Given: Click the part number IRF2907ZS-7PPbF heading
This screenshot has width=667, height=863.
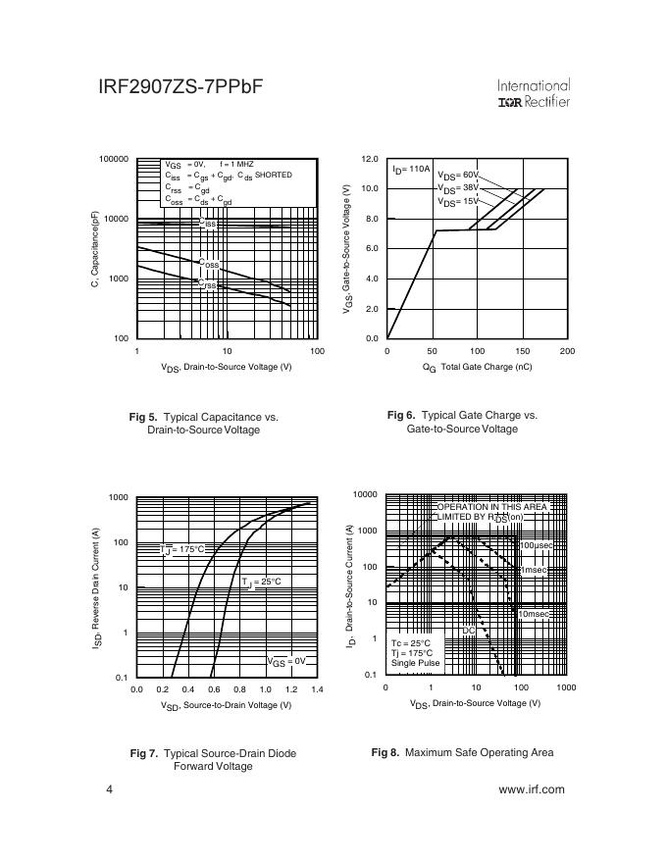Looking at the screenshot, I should coord(180,87).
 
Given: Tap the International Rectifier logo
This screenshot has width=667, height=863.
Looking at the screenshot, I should coord(534,94).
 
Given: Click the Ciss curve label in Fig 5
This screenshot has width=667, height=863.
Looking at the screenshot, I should coord(208,223).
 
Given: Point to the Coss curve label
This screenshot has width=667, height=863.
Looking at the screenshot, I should coord(209,264).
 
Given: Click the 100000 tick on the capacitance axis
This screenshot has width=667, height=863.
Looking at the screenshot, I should coord(114,159).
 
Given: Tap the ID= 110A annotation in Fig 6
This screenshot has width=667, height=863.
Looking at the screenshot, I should coord(411,169).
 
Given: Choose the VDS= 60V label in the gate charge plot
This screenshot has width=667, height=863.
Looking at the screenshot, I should coord(458,175).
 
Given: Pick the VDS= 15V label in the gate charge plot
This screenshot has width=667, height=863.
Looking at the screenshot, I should coord(458,201).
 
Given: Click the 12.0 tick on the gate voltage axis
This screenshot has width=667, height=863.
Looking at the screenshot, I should coord(370,159).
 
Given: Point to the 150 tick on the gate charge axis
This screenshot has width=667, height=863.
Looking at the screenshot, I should coord(522,351).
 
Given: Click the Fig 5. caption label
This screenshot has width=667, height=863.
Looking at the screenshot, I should coord(143,417).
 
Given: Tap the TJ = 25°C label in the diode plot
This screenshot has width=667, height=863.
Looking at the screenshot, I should coord(262,582).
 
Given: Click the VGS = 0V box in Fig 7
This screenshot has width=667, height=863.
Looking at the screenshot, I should coord(287,662).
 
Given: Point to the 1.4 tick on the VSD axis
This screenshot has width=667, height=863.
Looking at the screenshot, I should coord(316,690).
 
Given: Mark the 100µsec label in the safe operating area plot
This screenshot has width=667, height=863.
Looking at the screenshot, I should coord(539,544).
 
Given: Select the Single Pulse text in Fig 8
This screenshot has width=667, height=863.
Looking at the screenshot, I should coord(416,663).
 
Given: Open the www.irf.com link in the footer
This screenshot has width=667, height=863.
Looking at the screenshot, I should coord(532,789).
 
